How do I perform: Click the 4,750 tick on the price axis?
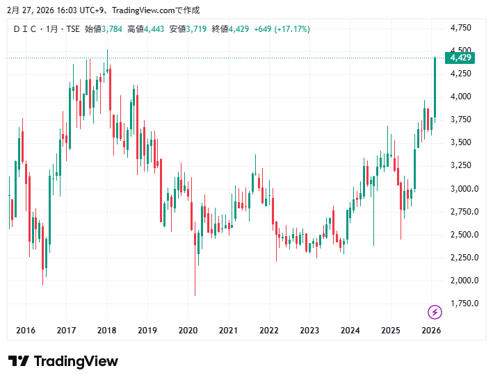461,28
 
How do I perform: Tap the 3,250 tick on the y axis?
461,165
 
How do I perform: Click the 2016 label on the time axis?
26,331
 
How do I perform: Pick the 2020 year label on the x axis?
188,331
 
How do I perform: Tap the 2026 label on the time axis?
432,331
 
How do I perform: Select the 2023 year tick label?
310,331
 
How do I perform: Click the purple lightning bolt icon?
435,312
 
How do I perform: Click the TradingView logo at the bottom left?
63,361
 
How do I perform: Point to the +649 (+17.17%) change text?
282,29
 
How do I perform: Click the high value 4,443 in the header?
154,29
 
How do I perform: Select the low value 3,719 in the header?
196,29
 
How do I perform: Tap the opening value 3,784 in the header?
111,29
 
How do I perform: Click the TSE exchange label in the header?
72,29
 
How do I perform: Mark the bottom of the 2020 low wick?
195,295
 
